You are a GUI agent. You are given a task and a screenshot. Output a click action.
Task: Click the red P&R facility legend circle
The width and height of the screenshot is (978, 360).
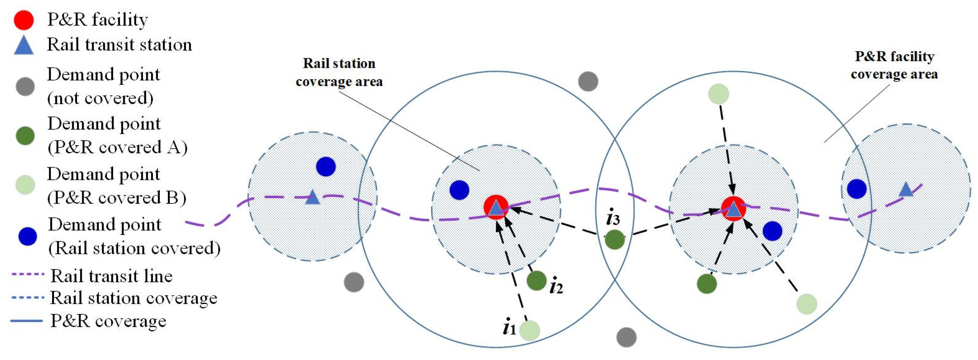[x=24, y=20]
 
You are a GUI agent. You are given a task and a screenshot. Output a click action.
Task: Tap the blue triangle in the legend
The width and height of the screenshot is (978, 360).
[x=24, y=46]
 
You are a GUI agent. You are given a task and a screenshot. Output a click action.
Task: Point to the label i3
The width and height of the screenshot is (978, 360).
[x=613, y=218]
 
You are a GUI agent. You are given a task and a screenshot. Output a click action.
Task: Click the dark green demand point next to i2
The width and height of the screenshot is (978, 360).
[x=536, y=280]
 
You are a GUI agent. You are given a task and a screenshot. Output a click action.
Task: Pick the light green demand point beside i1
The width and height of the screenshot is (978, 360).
[x=529, y=330]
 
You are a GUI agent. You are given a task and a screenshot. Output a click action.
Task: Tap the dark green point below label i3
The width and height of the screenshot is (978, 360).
[x=615, y=239]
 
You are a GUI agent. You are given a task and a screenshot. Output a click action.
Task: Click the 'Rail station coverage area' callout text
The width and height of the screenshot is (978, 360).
[x=339, y=72]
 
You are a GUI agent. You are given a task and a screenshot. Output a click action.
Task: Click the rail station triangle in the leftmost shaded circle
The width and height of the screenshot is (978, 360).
[x=312, y=197]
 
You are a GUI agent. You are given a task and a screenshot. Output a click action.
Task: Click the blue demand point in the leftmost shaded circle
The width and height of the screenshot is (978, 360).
[x=326, y=166]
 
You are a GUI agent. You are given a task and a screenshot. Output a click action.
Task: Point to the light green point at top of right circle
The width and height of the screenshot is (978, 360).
[x=718, y=94]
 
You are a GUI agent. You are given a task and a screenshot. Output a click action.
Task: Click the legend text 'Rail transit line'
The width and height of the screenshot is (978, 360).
[x=111, y=276]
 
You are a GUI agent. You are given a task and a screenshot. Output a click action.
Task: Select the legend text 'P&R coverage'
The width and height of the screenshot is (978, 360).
[x=108, y=321]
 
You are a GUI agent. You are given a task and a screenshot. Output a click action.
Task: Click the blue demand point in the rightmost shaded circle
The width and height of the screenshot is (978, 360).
[x=857, y=189]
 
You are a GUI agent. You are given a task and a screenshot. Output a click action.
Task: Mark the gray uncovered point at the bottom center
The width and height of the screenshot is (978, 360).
[x=626, y=337]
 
